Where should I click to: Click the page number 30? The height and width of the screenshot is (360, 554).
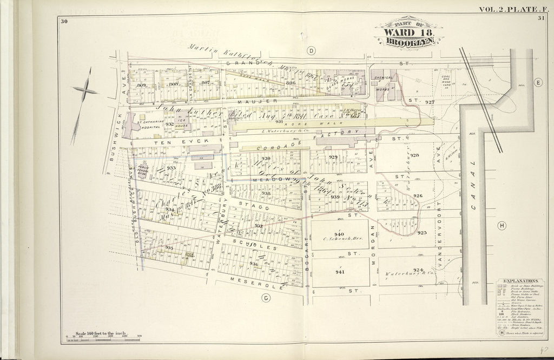click(64, 21)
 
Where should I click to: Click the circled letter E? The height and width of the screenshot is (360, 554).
click(538, 82)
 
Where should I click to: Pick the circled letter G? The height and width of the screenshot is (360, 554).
click(266, 297)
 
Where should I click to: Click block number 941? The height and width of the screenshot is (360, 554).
click(339, 272)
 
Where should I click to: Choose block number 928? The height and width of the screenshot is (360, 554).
click(415, 155)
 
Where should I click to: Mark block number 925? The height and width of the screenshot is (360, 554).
click(422, 233)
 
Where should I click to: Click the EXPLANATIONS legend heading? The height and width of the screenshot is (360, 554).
click(519, 282)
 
